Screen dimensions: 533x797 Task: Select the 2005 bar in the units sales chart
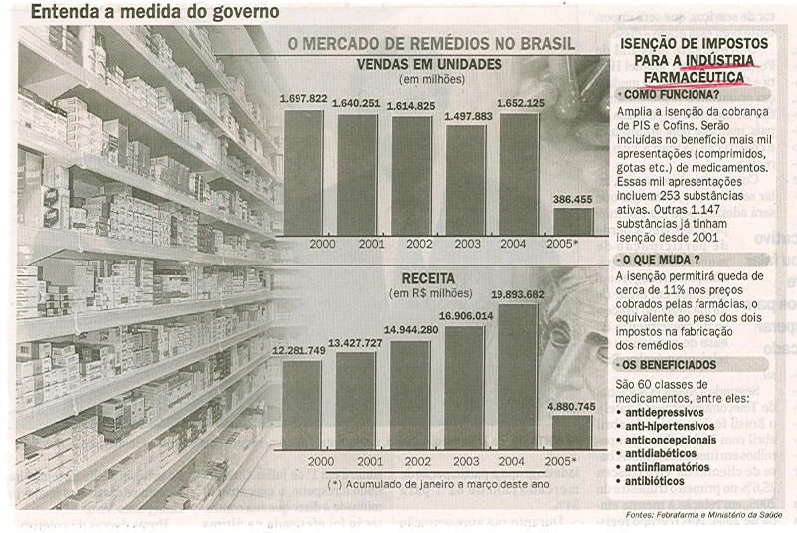[x=572, y=221]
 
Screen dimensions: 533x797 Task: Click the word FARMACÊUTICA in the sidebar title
[x=693, y=76]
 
